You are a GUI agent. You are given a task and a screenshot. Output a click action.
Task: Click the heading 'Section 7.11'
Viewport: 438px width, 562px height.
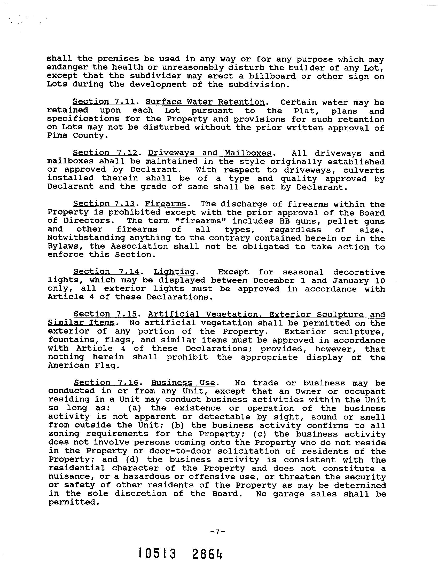104,102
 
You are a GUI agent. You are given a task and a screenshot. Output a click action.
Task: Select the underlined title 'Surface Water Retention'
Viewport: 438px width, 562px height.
205,102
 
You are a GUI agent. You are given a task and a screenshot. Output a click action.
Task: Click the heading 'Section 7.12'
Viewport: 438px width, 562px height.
105,153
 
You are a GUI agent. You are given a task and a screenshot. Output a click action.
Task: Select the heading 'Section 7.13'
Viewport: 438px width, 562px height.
104,204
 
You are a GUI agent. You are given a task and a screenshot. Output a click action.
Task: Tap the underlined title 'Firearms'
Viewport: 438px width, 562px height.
165,204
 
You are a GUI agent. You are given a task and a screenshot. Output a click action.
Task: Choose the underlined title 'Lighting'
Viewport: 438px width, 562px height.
174,272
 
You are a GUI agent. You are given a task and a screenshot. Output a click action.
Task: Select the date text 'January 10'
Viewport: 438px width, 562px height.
358,280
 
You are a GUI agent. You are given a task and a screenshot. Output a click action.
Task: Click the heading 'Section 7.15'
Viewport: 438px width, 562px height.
106,314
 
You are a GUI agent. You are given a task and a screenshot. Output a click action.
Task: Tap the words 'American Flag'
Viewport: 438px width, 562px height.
84,366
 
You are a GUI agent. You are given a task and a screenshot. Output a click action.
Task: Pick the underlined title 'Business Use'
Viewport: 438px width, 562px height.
183,383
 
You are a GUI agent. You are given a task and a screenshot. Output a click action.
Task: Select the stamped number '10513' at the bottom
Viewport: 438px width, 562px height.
157,553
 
